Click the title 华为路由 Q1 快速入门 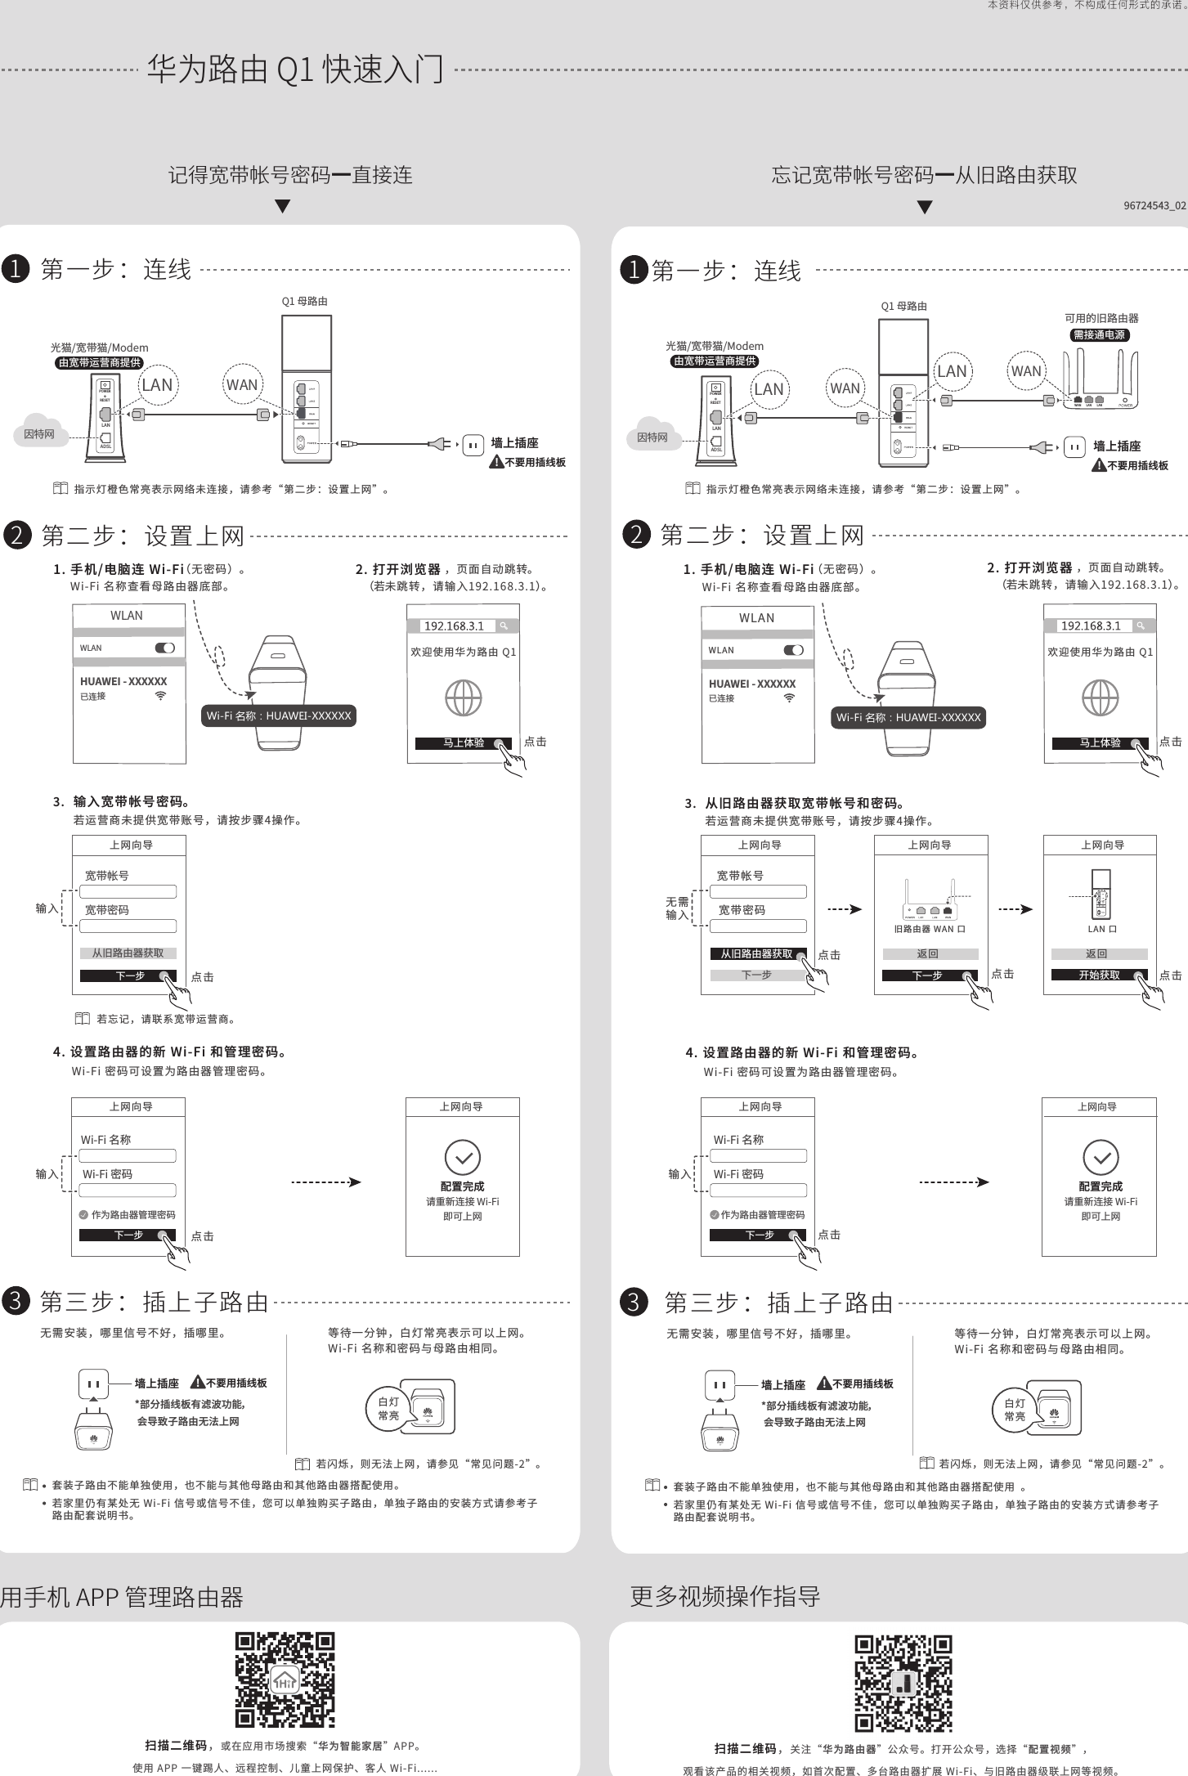(x=295, y=70)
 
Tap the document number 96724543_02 (x=1154, y=205)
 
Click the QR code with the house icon (x=285, y=1680)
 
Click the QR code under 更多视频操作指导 (x=903, y=1683)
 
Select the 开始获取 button (x=1099, y=975)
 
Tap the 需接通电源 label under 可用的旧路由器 (x=1100, y=334)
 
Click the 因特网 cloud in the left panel (x=38, y=434)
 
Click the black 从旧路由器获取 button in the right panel (x=756, y=953)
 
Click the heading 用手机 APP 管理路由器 (x=123, y=1596)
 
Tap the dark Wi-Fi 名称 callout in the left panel (x=279, y=715)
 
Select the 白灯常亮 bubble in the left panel (x=388, y=1408)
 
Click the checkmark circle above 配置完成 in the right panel (x=1101, y=1157)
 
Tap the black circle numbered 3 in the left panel (x=16, y=1300)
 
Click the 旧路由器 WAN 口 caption (x=930, y=929)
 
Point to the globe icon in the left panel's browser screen (x=463, y=697)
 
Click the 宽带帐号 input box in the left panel (x=128, y=891)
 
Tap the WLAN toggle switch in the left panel (x=164, y=648)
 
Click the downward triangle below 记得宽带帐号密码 (x=282, y=207)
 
